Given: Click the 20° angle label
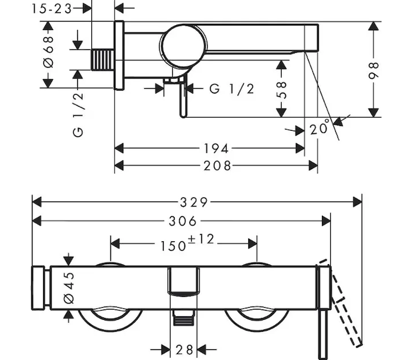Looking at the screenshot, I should (x=320, y=128).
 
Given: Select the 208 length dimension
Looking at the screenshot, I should (x=216, y=166).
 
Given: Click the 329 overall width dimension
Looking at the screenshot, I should (x=196, y=202).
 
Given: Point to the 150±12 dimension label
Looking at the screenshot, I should (x=185, y=243).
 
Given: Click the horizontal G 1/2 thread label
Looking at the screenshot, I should (x=232, y=89).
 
